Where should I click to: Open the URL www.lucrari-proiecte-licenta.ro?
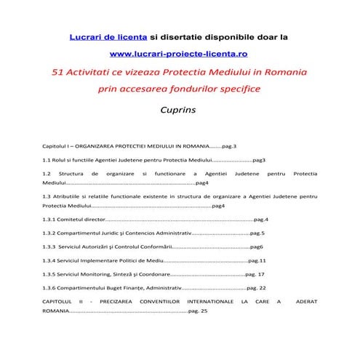coord(179,55)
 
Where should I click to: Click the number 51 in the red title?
coord(60,73)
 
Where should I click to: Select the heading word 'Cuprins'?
coord(179,111)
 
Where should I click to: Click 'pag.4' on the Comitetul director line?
coord(261,220)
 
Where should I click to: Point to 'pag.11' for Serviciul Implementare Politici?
coord(257,260)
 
